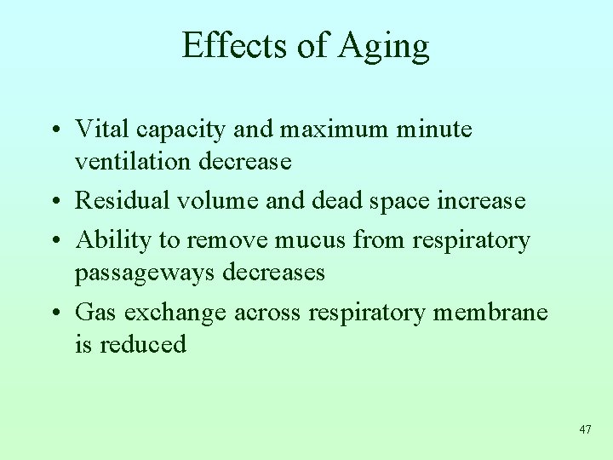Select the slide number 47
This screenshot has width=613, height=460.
[584, 429]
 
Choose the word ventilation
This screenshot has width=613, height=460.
[135, 160]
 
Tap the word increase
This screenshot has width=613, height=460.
[481, 200]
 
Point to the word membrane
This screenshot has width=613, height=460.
[490, 312]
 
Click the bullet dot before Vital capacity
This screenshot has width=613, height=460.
[54, 130]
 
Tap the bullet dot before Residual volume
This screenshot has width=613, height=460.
[54, 202]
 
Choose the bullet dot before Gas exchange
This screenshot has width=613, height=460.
[54, 313]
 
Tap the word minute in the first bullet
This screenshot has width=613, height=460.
[436, 129]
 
